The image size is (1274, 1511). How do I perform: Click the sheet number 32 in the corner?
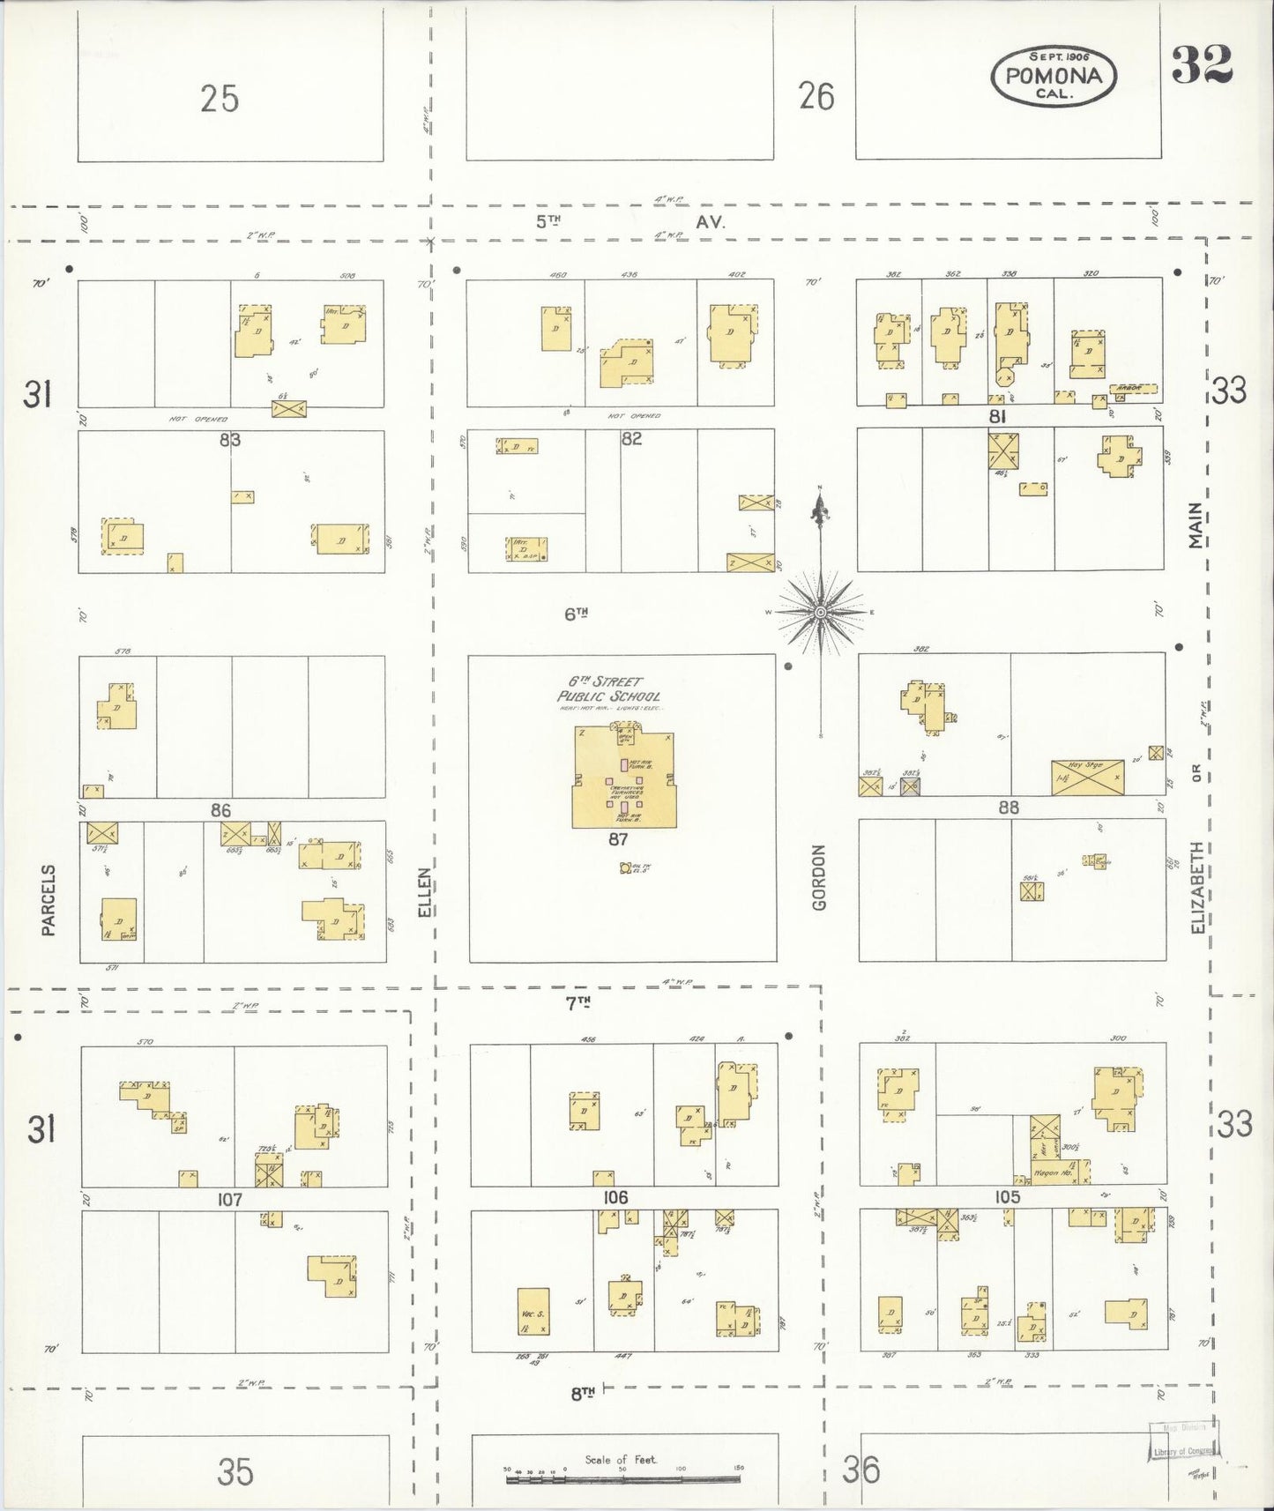pos(1202,63)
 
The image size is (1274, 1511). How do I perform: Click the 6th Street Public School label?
pos(608,689)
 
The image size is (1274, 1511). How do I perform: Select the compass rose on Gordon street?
pos(821,611)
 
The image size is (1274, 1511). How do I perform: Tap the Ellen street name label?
pos(424,892)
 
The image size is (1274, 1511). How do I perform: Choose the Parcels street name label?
pos(48,899)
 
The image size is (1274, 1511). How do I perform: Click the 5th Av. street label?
pos(630,222)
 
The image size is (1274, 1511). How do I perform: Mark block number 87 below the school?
pos(617,840)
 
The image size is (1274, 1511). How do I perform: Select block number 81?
pos(997,416)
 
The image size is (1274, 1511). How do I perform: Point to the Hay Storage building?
pos(1087,777)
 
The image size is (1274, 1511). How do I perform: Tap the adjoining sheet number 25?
pos(220,98)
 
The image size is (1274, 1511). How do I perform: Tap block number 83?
pos(229,438)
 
